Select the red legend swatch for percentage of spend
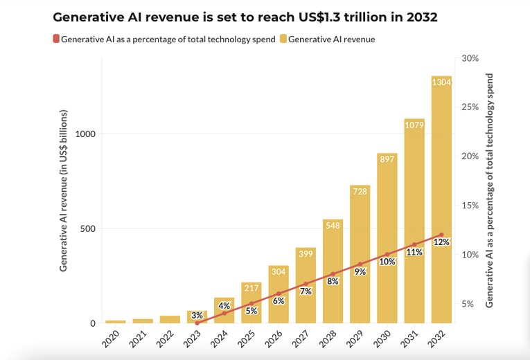pyautogui.click(x=55, y=39)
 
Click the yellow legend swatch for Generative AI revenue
pyautogui.click(x=283, y=39)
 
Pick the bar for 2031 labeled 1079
pyautogui.click(x=414, y=222)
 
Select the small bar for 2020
pyautogui.click(x=115, y=321)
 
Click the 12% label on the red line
pyautogui.click(x=441, y=242)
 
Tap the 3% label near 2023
pyautogui.click(x=197, y=316)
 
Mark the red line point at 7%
pyautogui.click(x=306, y=284)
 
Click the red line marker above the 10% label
pyautogui.click(x=387, y=254)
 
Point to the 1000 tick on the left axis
pyautogui.click(x=84, y=134)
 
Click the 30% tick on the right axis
pyautogui.click(x=470, y=58)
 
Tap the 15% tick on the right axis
pyautogui.click(x=470, y=206)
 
